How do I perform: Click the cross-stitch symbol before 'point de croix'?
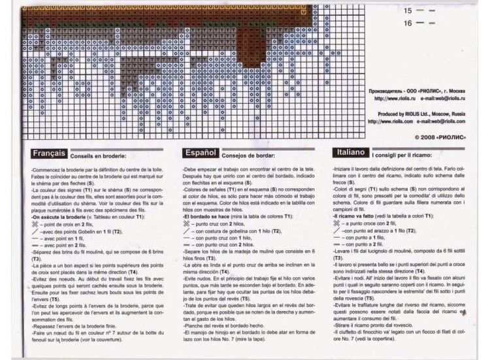[x=35, y=223]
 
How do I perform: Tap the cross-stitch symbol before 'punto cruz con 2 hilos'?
[x=188, y=223]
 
